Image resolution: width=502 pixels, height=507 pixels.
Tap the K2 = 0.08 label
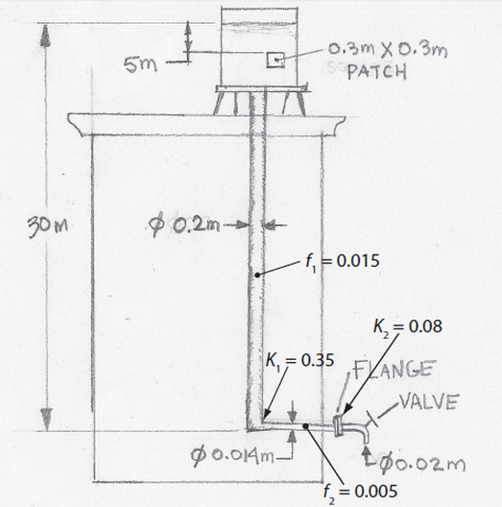(406, 326)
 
